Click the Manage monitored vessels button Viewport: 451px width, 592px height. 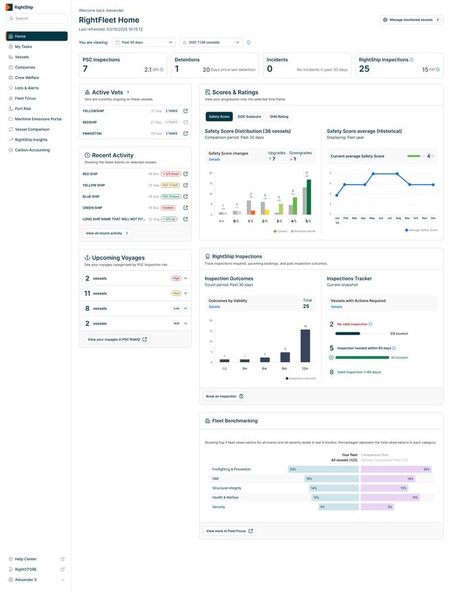click(x=411, y=20)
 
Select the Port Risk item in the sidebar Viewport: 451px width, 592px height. click(x=23, y=108)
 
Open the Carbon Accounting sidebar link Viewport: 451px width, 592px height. click(x=32, y=150)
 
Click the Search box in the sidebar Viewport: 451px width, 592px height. click(x=36, y=18)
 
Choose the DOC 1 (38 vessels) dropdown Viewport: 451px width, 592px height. click(x=211, y=42)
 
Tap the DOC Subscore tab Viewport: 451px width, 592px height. click(x=249, y=116)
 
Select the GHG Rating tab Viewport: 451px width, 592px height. click(x=279, y=116)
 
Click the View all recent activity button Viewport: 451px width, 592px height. click(x=107, y=233)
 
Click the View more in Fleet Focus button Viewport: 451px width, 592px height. click(x=229, y=531)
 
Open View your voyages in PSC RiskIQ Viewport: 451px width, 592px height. click(x=116, y=339)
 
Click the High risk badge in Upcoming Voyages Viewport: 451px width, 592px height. click(x=176, y=278)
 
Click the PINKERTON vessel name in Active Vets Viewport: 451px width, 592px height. click(x=92, y=133)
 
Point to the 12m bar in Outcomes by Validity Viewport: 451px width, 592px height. click(x=305, y=345)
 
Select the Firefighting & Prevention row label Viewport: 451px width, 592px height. click(x=231, y=469)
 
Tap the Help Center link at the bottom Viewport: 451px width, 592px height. click(x=26, y=559)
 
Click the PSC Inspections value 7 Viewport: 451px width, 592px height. click(x=85, y=68)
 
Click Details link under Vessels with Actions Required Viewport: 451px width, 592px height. click(x=336, y=306)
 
